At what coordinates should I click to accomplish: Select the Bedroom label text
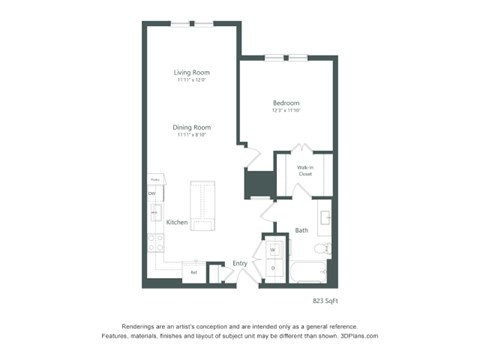(286, 103)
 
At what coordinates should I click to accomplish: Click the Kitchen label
(178, 221)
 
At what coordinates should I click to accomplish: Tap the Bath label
(301, 231)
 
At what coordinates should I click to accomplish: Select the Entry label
(240, 263)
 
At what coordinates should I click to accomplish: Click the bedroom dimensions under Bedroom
(286, 112)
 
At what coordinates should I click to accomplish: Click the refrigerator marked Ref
(194, 271)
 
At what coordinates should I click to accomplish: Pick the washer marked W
(272, 249)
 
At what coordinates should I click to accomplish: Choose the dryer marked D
(272, 268)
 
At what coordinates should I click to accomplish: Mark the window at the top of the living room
(191, 22)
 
